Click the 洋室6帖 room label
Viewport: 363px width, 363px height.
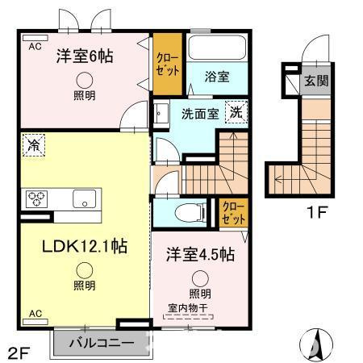85,56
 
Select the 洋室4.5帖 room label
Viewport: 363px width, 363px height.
201,254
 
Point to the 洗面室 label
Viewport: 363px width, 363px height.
199,114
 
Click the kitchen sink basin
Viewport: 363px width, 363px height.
85,198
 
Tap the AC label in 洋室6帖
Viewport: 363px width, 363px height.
35,48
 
